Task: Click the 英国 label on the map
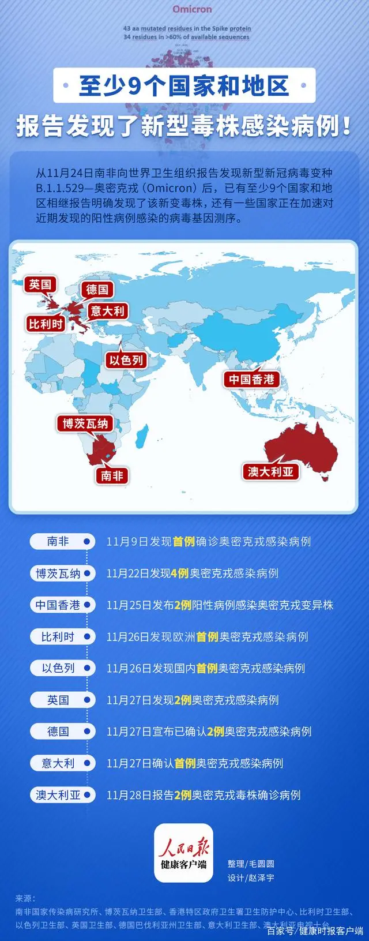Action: point(40,284)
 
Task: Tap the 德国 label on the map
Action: point(97,290)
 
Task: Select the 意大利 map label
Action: point(107,312)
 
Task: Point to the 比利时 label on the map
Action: point(46,324)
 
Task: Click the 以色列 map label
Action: point(126,361)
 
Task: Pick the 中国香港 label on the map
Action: point(251,379)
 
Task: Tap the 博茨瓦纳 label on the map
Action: point(85,423)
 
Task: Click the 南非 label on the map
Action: point(112,475)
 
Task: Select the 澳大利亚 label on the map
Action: point(270,471)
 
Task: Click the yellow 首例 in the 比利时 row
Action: point(208,637)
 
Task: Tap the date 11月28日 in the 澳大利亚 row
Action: point(129,795)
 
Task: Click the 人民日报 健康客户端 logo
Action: point(184,853)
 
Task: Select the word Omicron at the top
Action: point(192,9)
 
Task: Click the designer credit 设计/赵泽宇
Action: point(251,878)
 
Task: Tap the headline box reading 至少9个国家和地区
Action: point(184,86)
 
